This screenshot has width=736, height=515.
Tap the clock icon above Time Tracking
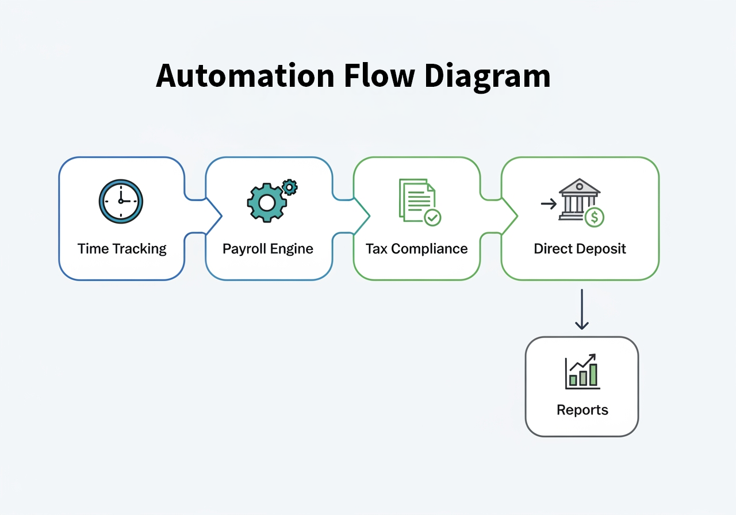tap(121, 201)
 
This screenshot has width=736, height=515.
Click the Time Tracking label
tap(122, 249)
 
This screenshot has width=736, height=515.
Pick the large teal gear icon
tap(266, 202)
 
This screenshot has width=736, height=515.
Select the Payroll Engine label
tap(268, 249)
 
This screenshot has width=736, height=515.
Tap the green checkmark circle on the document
tap(432, 217)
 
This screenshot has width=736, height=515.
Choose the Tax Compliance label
tap(416, 249)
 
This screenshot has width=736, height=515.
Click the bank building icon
tap(578, 198)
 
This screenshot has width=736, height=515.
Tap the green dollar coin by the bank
tap(595, 217)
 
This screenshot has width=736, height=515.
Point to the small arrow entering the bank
tap(548, 203)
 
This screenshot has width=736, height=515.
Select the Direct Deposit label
tap(580, 249)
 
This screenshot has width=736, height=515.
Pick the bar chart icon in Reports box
tap(582, 371)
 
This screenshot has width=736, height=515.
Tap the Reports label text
tap(582, 410)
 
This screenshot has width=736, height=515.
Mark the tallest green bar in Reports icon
tap(593, 374)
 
